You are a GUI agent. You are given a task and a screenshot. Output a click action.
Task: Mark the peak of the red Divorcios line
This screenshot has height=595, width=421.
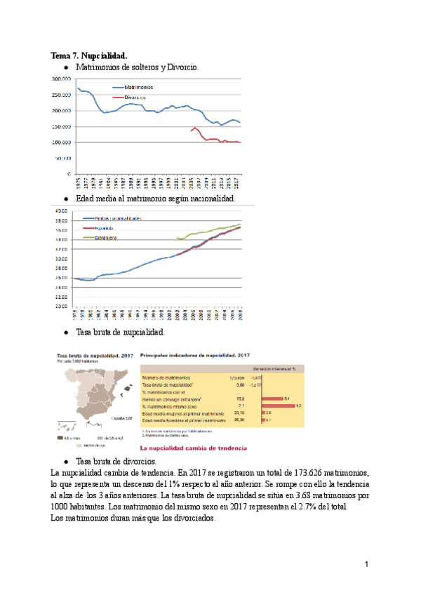(x=194, y=128)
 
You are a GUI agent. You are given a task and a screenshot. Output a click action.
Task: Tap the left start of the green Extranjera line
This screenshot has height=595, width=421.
(x=178, y=239)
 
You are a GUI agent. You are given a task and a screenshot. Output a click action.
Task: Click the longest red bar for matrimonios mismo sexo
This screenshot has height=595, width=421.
(x=281, y=406)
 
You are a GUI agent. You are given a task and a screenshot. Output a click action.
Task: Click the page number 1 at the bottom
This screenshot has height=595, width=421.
(x=366, y=564)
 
